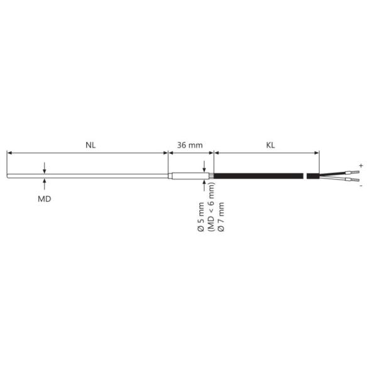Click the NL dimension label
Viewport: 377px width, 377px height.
coord(90,145)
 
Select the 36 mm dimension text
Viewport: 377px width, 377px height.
coord(190,145)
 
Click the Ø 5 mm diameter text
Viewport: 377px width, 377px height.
coord(201,217)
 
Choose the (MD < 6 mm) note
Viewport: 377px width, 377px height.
coord(211,207)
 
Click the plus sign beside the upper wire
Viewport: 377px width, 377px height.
coord(361,164)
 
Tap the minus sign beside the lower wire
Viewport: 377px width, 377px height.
coord(361,186)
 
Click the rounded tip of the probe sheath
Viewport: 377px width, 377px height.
coord(8,175)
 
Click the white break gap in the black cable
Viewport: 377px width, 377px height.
coord(303,175)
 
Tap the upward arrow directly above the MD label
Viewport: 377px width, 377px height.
coord(45,183)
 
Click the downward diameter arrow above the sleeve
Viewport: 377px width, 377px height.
coord(204,167)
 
